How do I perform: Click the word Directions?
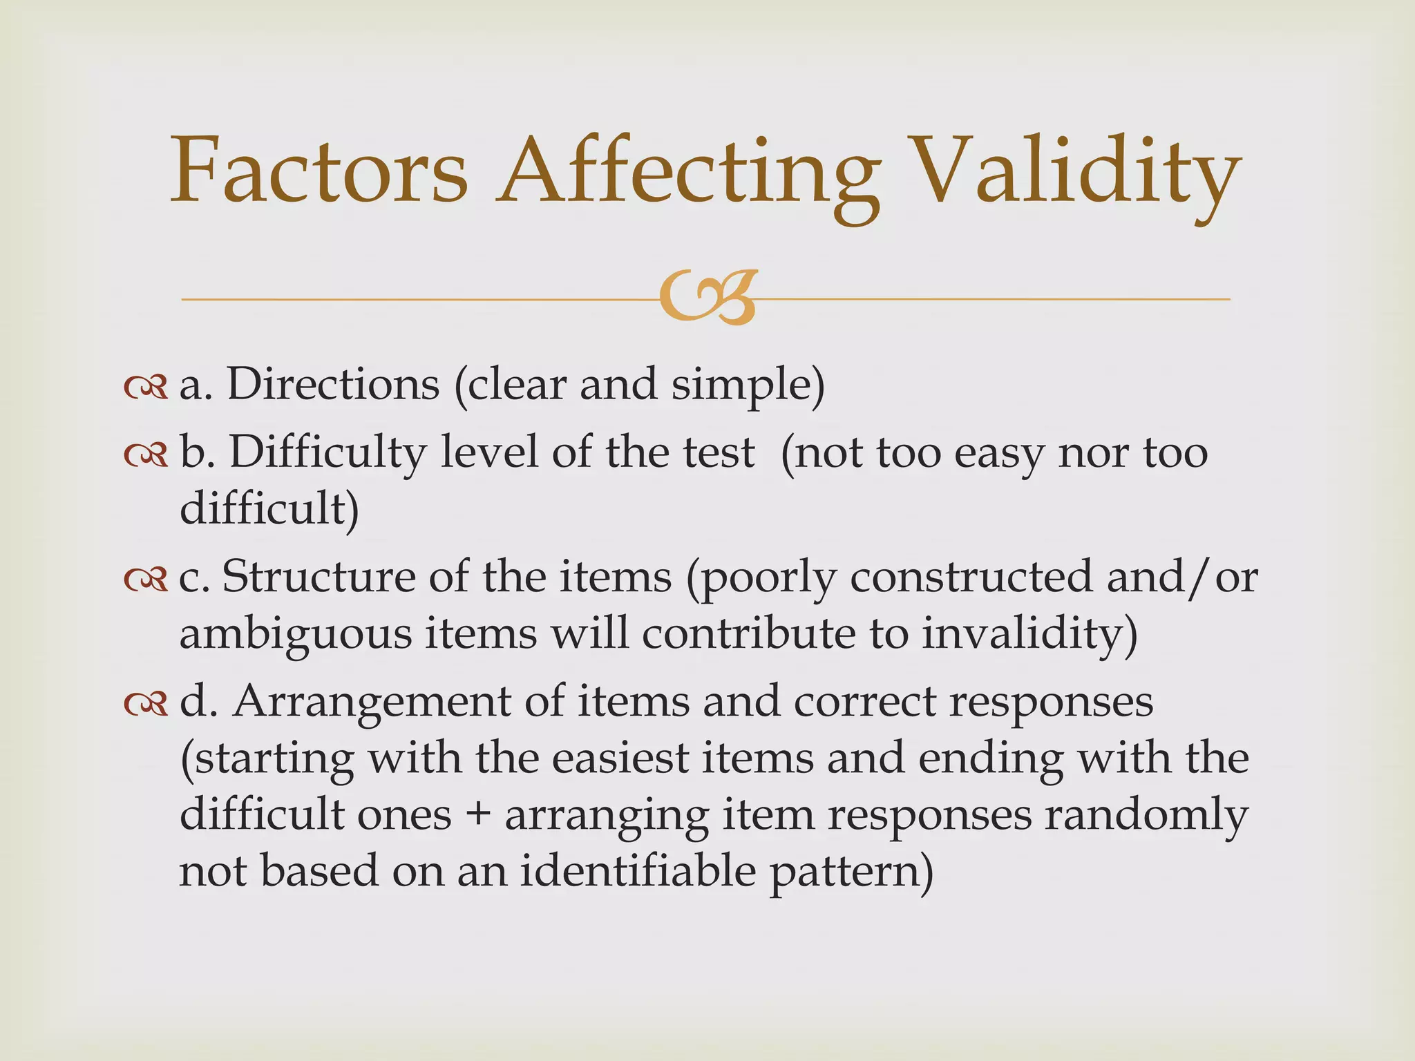click(x=333, y=384)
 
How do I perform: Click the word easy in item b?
click(x=994, y=455)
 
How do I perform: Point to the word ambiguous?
click(x=295, y=634)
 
